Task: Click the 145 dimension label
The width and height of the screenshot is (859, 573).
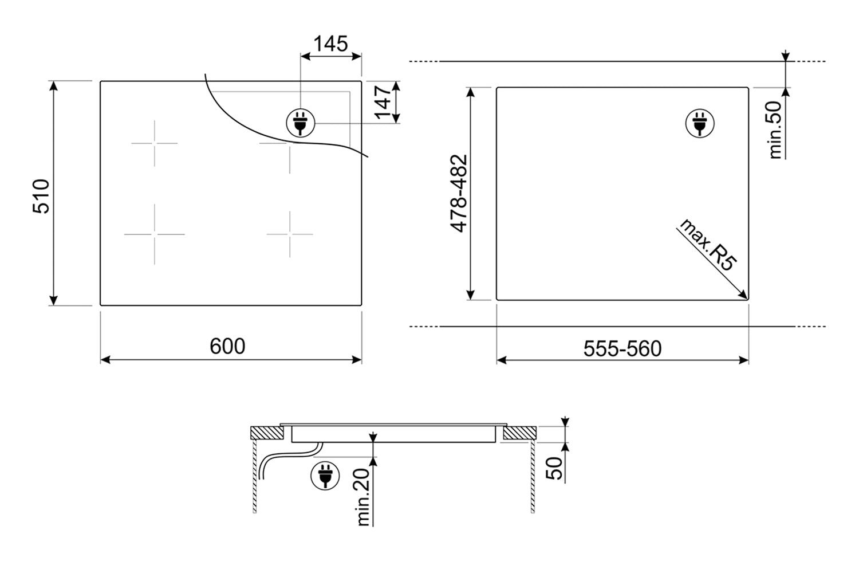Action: pyautogui.click(x=330, y=44)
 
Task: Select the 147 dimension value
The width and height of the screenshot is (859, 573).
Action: pyautogui.click(x=383, y=103)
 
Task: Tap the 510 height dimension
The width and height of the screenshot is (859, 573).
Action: pyautogui.click(x=41, y=196)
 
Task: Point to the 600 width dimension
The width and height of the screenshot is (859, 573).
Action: pyautogui.click(x=227, y=346)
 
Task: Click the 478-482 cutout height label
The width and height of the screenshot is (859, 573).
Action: pyautogui.click(x=459, y=194)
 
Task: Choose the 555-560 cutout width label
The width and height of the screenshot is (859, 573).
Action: pyautogui.click(x=622, y=349)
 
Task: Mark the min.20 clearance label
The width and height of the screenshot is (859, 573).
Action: pyautogui.click(x=362, y=497)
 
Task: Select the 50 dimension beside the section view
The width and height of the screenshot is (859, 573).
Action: pyautogui.click(x=554, y=468)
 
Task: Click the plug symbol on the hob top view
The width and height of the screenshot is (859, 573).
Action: pyautogui.click(x=300, y=123)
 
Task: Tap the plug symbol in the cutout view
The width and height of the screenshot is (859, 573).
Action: pyautogui.click(x=700, y=123)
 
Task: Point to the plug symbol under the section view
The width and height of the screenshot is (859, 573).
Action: pyautogui.click(x=325, y=476)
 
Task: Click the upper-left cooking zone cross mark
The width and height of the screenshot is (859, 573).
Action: pyautogui.click(x=155, y=143)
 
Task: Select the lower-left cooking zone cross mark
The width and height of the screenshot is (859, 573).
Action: pyautogui.click(x=155, y=234)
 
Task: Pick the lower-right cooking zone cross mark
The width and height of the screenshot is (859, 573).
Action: pyautogui.click(x=290, y=234)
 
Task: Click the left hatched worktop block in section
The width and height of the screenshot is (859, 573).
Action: pyautogui.click(x=267, y=433)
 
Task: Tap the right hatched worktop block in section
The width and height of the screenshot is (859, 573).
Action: pyautogui.click(x=519, y=433)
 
